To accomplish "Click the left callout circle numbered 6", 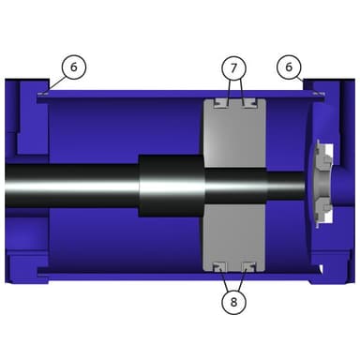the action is pos(74,67).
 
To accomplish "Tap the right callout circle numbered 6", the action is pos(289,67).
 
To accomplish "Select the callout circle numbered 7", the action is pos(234,67).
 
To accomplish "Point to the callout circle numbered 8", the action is pos(234,302).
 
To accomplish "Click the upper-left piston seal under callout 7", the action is pos(221,103).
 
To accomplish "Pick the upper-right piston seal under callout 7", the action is pos(249,103).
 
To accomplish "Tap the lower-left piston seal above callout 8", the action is pos(220,266).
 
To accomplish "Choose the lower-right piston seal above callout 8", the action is pos(249,266).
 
